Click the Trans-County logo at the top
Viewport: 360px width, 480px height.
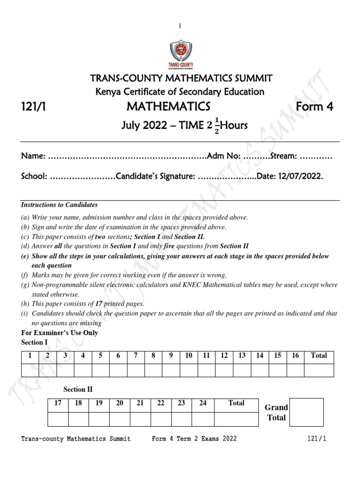point(180,55)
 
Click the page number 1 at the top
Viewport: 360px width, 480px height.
point(180,26)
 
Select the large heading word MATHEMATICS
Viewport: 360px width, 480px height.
point(168,107)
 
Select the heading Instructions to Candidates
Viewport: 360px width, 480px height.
point(60,205)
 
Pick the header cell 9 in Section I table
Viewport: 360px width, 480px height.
point(171,356)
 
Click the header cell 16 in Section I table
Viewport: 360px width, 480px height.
point(295,356)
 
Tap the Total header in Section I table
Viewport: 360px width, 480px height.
point(319,356)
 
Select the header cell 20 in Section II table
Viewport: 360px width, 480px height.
point(120,403)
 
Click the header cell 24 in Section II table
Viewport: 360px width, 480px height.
point(202,403)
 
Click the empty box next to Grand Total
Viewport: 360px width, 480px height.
point(306,412)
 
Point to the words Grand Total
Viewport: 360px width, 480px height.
point(276,412)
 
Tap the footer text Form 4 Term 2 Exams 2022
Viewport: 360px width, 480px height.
point(194,439)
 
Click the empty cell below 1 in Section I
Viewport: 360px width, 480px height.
point(30,370)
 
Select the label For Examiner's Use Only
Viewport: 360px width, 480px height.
point(60,333)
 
